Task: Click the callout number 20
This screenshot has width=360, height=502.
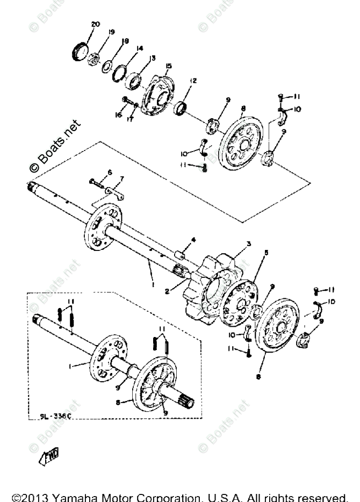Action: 96,25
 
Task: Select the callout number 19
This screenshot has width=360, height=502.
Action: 111,32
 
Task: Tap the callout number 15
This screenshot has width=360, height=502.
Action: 168,66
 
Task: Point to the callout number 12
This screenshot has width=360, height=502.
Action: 193,81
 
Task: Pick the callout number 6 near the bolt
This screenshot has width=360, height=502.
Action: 110,172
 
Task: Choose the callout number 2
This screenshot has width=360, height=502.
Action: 168,290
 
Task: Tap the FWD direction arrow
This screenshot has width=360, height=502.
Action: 50,456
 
